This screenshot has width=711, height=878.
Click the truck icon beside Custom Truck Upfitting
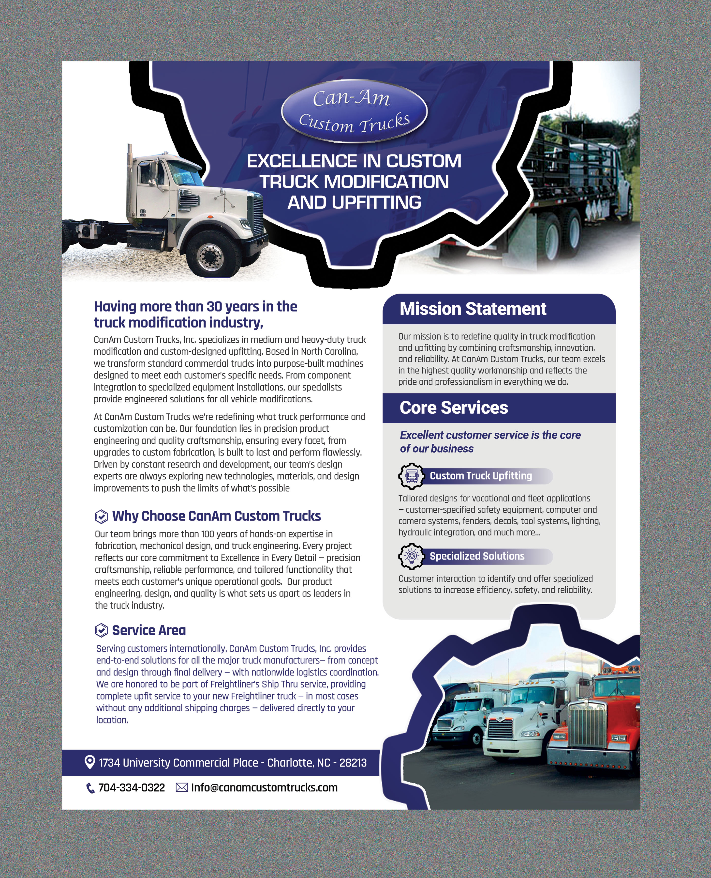(x=411, y=476)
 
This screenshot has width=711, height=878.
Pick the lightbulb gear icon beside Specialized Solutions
(x=411, y=556)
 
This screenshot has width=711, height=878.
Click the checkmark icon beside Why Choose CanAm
(x=101, y=517)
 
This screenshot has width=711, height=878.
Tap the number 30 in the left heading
(x=214, y=307)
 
